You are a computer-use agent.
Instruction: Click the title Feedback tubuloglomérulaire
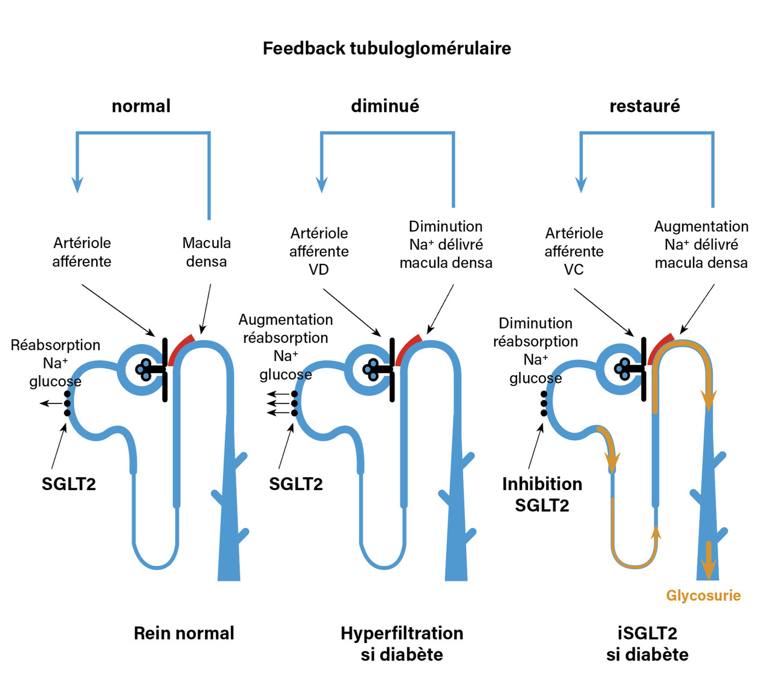point(386,48)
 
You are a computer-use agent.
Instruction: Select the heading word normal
point(141,106)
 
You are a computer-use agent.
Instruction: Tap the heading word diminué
point(385,106)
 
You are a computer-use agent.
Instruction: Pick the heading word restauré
point(645,106)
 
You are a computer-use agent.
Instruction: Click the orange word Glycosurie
point(703,595)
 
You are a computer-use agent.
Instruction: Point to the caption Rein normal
point(184,633)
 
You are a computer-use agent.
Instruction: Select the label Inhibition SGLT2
point(542,494)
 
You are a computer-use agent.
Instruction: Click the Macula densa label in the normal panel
point(206,252)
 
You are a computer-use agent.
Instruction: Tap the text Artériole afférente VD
point(319,251)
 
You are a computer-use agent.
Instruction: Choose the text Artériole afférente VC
point(574,251)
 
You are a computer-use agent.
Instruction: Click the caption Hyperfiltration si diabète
point(402,644)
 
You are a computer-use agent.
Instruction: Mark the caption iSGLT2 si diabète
point(647,644)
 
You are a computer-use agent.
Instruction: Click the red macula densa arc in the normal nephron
point(180,349)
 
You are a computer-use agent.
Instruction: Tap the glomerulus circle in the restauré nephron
point(618,368)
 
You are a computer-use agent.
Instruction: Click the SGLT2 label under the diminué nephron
point(296,484)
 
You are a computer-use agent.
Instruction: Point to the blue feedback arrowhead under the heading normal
point(77,184)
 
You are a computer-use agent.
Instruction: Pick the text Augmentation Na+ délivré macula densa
point(701,244)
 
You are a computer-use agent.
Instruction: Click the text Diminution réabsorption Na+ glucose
point(535,350)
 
